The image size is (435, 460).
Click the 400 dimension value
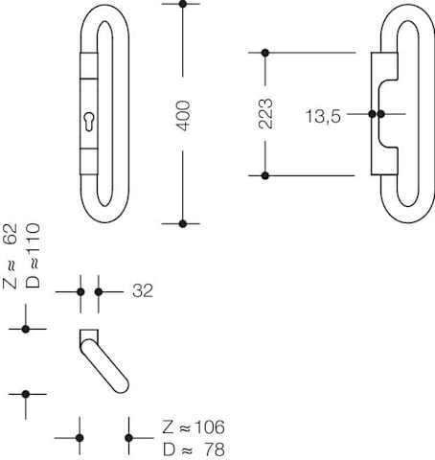click(x=183, y=116)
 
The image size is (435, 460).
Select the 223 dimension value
click(x=265, y=114)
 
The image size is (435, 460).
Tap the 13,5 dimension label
click(x=323, y=116)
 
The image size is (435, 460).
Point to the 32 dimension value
click(x=143, y=290)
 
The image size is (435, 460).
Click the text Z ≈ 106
click(x=194, y=427)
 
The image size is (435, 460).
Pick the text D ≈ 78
click(x=194, y=449)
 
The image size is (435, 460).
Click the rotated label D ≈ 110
click(x=33, y=256)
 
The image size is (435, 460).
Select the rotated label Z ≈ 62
click(x=10, y=257)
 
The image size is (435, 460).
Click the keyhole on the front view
click(x=88, y=122)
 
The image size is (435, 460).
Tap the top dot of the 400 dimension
click(x=183, y=4)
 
